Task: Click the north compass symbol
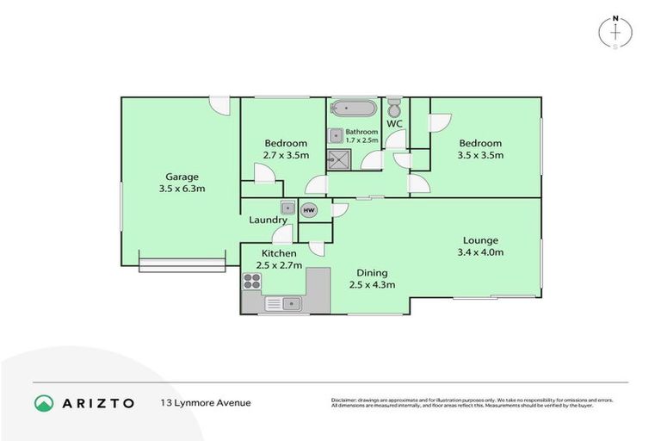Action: tap(615, 31)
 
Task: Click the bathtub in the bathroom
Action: tap(353, 109)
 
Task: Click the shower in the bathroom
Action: tap(337, 158)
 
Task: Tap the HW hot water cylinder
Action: tap(309, 209)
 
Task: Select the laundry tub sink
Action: tap(287, 208)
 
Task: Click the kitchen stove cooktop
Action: tap(252, 280)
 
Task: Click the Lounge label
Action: tap(480, 240)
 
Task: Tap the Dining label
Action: tap(372, 271)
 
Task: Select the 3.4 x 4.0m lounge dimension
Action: tap(480, 252)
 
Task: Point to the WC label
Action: tap(394, 124)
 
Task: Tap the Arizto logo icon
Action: tap(43, 402)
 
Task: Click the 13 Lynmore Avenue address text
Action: tap(205, 402)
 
